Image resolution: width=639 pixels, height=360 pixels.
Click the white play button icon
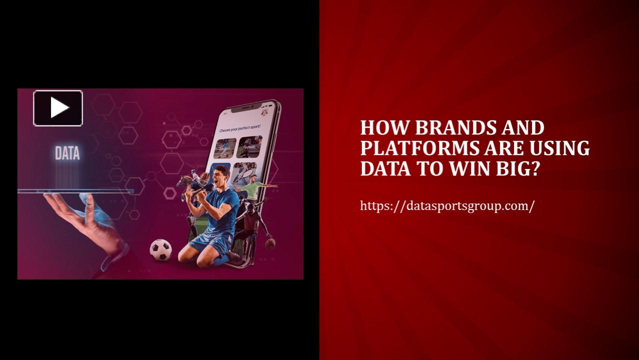click(x=58, y=108)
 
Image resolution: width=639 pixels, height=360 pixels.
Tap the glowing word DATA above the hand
click(x=67, y=153)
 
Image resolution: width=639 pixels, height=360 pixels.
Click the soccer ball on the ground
click(x=160, y=249)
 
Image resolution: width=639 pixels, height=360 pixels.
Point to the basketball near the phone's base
click(x=270, y=243)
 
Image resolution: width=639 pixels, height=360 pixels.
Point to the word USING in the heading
click(x=560, y=148)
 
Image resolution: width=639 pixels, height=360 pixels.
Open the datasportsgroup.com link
click(x=447, y=205)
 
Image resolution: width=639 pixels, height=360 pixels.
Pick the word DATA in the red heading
click(x=382, y=169)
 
